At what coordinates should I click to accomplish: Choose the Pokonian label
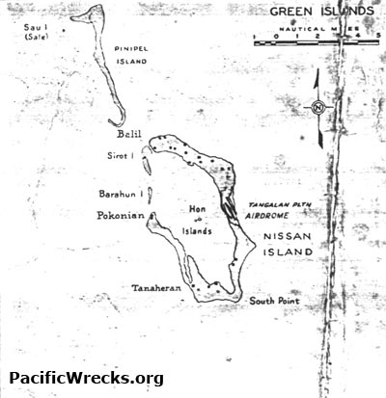coord(120,217)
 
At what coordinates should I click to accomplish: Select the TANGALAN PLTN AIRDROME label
coord(281,212)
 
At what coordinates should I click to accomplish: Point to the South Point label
coord(274,302)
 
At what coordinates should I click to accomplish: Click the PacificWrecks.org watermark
coord(86,379)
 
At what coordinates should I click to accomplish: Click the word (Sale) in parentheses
coord(38,40)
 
